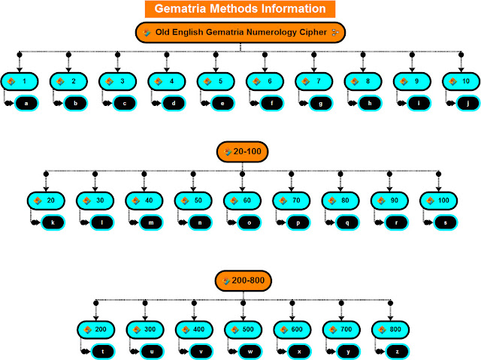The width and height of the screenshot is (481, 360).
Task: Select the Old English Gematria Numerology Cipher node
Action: (x=240, y=32)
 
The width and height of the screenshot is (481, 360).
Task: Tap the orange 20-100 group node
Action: (x=243, y=152)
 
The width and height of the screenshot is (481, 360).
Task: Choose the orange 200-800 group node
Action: (x=243, y=280)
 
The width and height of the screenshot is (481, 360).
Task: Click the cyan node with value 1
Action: (x=20, y=80)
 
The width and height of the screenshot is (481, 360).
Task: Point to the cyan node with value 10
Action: (x=461, y=80)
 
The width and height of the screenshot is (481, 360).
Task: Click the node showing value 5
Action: (x=216, y=80)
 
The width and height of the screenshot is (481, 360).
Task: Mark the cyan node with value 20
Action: (x=46, y=201)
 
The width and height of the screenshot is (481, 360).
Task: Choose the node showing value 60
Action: (x=242, y=201)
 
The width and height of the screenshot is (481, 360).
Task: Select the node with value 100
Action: (x=438, y=201)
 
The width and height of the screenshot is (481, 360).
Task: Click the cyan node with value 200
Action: (x=95, y=329)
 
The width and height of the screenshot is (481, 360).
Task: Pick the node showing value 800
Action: (x=390, y=329)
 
